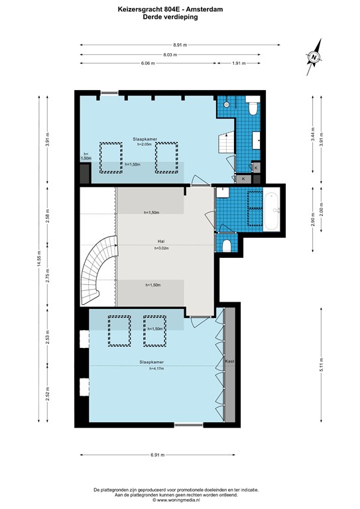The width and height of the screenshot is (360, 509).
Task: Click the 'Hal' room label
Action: point(160,241)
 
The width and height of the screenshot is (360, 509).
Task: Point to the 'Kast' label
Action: point(230,362)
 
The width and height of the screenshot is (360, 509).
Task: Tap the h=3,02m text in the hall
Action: point(163,249)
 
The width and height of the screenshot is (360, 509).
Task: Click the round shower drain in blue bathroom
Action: point(227,104)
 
